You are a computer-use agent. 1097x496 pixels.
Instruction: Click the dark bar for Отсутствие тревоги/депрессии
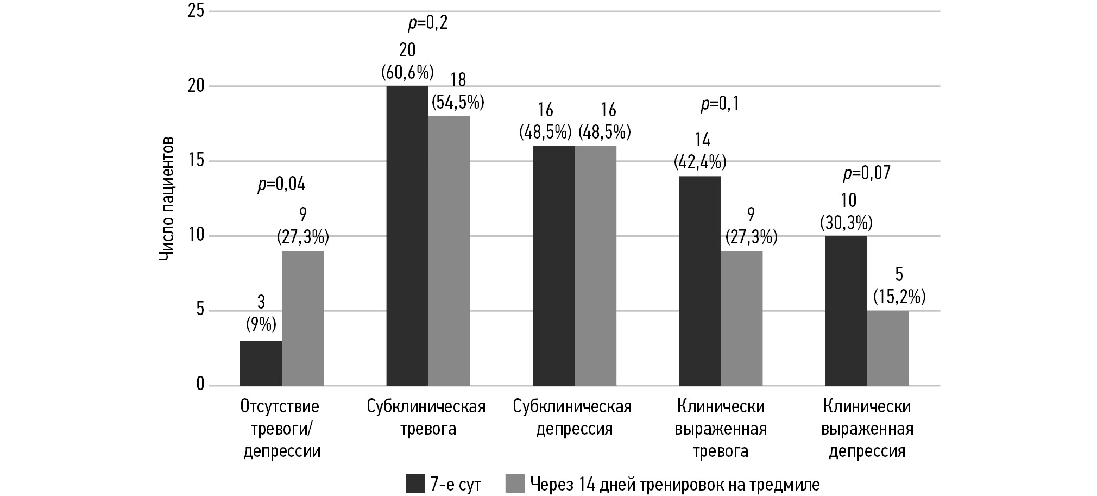coord(261,363)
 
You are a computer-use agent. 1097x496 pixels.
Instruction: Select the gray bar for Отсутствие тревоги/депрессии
coord(302,318)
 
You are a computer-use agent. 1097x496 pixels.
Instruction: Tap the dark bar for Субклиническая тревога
coord(407,236)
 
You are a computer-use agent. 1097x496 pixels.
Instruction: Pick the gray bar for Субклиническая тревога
coord(449,251)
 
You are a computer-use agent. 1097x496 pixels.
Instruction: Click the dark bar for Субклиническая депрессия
coord(553,266)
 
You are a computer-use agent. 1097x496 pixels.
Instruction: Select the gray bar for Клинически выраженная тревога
coord(741,318)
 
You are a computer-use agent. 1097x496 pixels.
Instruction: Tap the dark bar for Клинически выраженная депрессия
coord(846,311)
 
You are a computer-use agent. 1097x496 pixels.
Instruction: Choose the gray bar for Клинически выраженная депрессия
coord(888,348)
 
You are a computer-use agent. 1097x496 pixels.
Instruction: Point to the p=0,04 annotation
coord(281,185)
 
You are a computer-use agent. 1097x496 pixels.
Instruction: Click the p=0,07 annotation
coord(867,173)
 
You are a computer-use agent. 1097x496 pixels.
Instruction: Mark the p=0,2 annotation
coord(428,23)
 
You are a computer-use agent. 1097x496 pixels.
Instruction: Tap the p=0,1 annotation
coord(720,104)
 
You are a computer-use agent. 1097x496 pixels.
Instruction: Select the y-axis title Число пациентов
coord(167,198)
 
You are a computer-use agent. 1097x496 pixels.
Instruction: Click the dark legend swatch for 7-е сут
coord(415,484)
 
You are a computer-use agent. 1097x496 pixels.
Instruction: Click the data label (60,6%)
coord(407,71)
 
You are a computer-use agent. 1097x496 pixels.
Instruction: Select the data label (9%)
coord(261,325)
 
